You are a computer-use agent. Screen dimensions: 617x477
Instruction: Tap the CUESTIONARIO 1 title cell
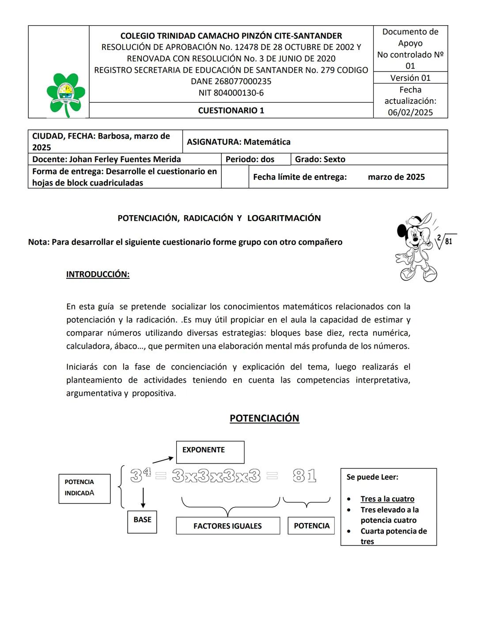tap(231, 110)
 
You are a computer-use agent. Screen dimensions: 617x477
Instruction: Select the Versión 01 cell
tap(410, 78)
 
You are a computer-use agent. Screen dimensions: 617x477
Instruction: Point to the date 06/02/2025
tap(410, 112)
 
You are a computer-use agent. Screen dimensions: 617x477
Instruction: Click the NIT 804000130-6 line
tap(231, 93)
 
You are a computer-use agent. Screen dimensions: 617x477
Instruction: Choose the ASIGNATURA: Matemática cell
tap(238, 142)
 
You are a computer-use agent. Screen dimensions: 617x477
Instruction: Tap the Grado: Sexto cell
tap(320, 159)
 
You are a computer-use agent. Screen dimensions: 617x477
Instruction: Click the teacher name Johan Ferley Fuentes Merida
tap(125, 159)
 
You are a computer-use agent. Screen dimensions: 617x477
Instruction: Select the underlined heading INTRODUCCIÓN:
tap(98, 274)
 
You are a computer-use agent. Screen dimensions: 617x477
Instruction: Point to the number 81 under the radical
tap(448, 241)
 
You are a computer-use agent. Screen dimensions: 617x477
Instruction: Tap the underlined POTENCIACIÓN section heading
tap(264, 418)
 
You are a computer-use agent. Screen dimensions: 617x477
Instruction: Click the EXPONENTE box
tap(210, 451)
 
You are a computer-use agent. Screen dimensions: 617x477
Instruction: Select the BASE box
tap(142, 522)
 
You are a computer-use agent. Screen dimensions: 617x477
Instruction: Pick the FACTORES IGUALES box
tap(228, 526)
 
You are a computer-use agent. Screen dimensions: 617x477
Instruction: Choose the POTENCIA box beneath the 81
tap(311, 526)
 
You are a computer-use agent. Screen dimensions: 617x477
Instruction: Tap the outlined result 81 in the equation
tap(304, 476)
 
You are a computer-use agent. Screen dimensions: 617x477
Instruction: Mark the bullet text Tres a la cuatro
tap(387, 499)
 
